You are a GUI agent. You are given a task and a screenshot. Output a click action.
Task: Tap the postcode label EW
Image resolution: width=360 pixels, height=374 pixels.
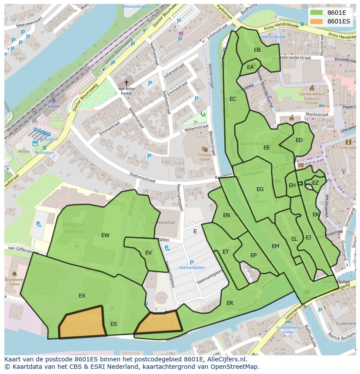coord(105,235)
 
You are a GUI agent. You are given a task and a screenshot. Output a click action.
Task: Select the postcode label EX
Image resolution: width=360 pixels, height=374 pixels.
coord(82,296)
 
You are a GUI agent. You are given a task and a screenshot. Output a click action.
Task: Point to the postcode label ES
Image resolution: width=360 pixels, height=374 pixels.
coord(113,324)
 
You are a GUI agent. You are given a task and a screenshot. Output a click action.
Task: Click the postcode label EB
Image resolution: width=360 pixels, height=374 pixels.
coord(257,50)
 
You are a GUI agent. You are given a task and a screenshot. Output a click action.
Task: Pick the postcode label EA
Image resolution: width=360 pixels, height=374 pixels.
coord(250,67)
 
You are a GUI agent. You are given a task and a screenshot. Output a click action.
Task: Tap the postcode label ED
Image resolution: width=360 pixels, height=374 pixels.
coord(299,140)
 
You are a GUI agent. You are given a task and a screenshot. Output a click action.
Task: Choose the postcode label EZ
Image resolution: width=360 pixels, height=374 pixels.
coord(315,183)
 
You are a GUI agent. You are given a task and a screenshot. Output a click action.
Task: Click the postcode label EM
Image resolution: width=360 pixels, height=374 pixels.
coord(275,246)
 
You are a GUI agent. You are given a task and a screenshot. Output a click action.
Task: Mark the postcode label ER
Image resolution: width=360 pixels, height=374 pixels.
coord(230,303)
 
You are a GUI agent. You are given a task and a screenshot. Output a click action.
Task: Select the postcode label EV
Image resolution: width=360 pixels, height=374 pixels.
coord(148,253)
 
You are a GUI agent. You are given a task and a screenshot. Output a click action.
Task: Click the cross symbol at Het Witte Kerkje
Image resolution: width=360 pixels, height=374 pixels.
coord(127,83)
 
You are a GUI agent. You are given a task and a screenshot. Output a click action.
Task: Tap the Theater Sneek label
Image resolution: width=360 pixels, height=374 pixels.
coord(204,157)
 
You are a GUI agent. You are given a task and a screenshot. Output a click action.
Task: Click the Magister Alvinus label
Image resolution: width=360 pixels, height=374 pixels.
coord(72,228)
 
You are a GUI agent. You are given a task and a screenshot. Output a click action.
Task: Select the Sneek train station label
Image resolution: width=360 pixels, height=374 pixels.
coord(53,106)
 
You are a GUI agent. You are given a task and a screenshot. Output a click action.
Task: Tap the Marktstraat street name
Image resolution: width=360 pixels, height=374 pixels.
coord(316,114)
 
